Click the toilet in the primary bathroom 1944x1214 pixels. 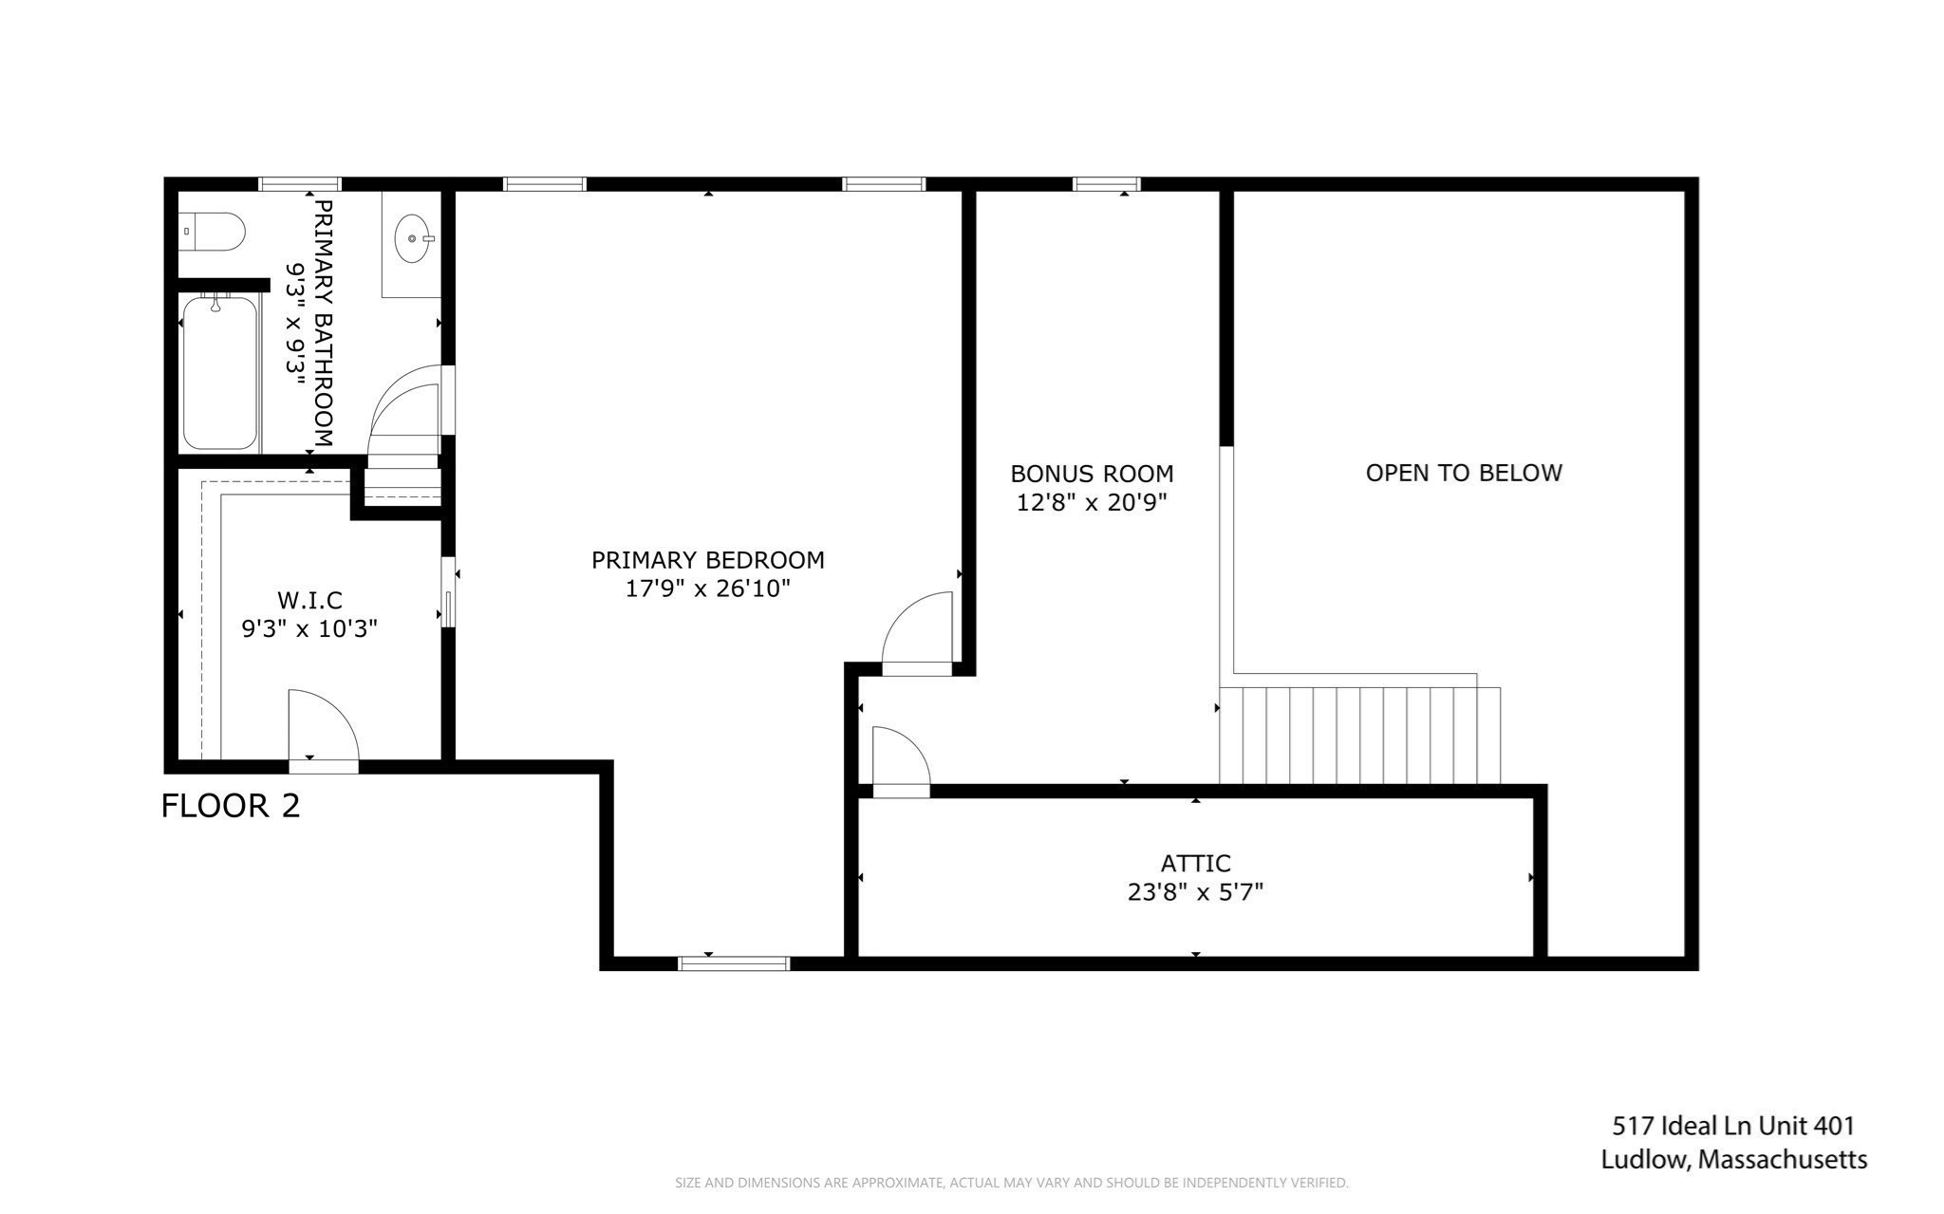214,232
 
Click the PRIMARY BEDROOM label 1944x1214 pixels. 707,560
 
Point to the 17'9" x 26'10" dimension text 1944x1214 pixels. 707,588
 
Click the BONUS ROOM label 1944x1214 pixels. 1092,474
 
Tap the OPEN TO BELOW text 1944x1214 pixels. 1463,473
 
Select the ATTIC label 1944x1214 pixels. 1195,864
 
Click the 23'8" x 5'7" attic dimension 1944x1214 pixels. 1195,892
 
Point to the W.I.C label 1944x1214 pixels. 309,600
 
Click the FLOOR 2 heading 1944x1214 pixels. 231,806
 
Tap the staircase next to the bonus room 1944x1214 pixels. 1359,735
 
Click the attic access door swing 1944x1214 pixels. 898,759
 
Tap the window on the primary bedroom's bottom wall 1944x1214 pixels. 734,963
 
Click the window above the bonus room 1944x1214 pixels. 1106,184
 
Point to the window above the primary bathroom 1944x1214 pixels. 300,184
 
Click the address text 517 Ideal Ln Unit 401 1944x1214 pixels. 1733,1126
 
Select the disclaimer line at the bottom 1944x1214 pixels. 1011,1183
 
